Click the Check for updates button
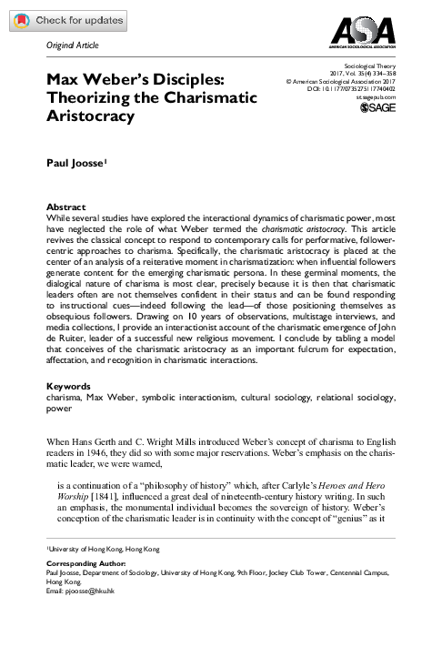point(64,19)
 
